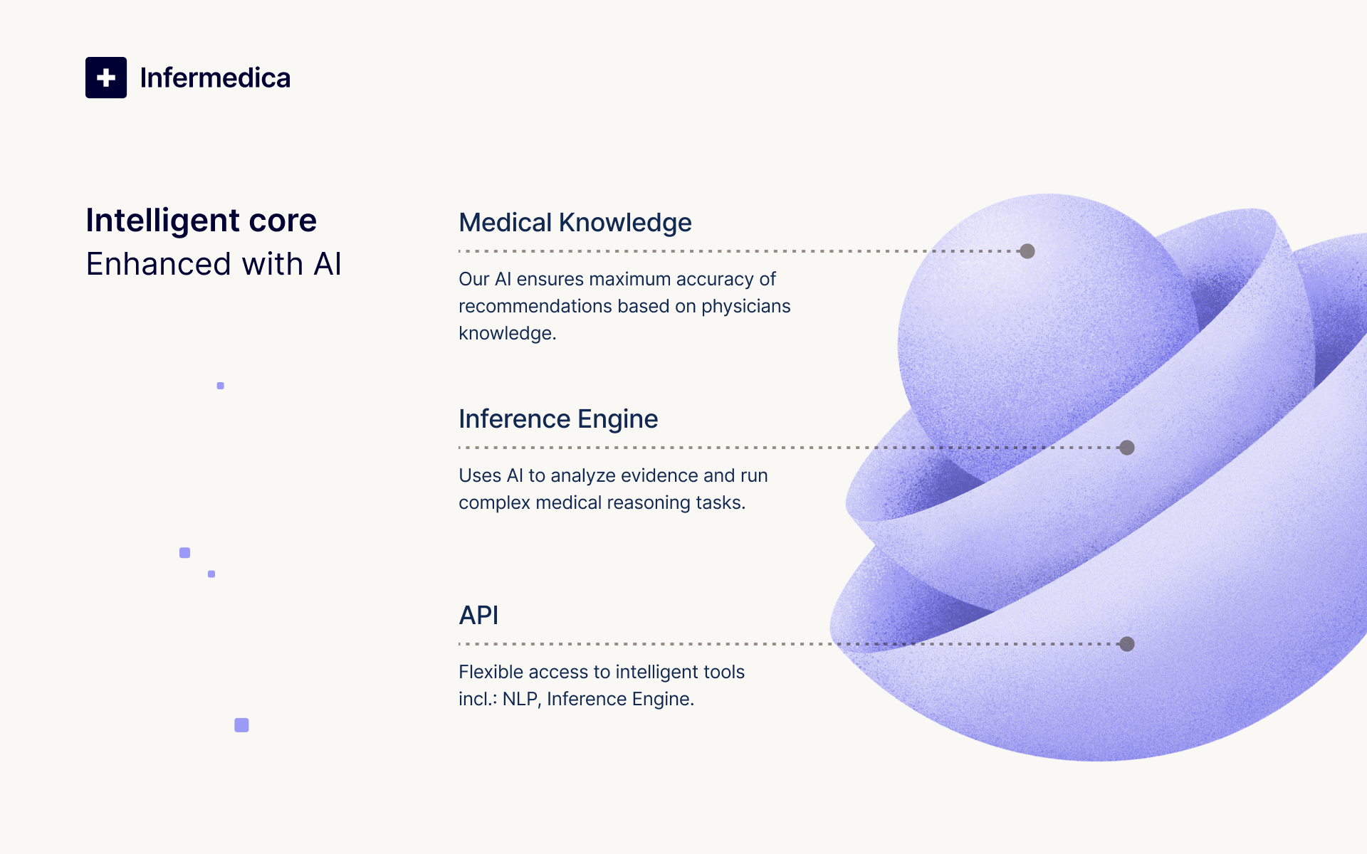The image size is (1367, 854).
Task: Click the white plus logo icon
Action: click(x=106, y=78)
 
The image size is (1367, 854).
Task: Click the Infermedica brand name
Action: click(x=215, y=78)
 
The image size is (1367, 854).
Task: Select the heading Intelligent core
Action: click(x=201, y=221)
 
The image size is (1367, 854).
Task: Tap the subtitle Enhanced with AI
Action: click(x=214, y=264)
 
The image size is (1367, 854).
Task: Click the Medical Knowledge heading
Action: click(x=575, y=223)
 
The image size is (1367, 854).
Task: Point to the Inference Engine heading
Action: click(x=557, y=419)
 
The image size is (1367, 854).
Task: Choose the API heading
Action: click(x=478, y=616)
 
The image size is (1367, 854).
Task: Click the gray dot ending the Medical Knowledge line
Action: click(x=1027, y=251)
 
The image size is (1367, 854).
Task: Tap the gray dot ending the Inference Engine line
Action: click(x=1126, y=448)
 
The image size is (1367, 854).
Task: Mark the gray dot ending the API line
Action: click(x=1126, y=644)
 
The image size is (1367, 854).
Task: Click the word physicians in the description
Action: click(x=745, y=307)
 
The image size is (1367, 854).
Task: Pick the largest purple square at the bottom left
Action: click(x=241, y=725)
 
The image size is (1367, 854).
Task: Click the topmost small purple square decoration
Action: click(x=221, y=386)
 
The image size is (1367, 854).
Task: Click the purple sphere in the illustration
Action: click(x=1032, y=320)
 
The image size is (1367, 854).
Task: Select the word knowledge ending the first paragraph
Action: click(x=506, y=334)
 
